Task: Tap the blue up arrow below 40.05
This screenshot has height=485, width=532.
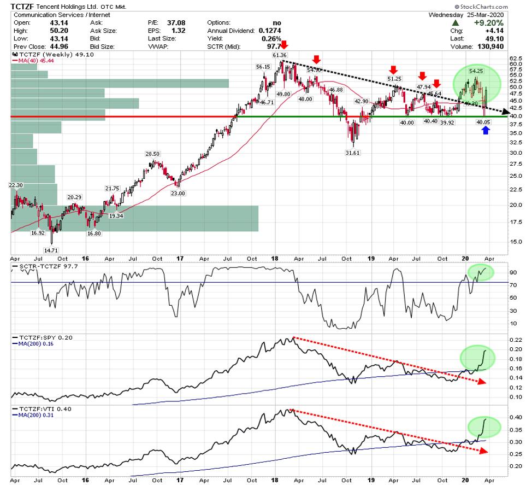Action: point(486,130)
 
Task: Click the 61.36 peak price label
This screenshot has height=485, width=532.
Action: point(280,55)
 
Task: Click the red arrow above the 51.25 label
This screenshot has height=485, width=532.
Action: point(393,69)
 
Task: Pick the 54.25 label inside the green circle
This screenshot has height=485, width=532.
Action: point(476,71)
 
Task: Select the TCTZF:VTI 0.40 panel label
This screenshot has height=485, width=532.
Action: point(40,408)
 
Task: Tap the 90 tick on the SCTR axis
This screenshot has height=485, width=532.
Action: point(514,272)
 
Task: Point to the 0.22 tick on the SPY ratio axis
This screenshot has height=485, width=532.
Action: point(516,340)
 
